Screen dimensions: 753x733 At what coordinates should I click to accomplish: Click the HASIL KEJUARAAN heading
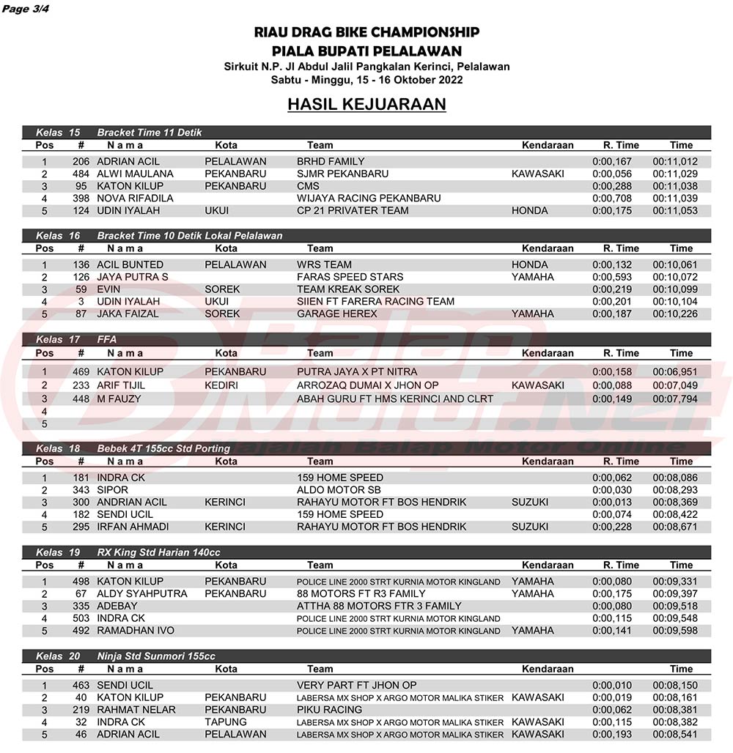pyautogui.click(x=366, y=105)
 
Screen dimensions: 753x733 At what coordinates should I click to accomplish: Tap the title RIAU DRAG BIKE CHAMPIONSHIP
pyautogui.click(x=366, y=32)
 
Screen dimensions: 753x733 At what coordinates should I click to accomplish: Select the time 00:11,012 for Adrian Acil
pyautogui.click(x=675, y=161)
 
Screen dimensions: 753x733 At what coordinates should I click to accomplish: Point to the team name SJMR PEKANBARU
pyautogui.click(x=343, y=174)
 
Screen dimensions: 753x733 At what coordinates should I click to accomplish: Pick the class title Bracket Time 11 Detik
pyautogui.click(x=150, y=133)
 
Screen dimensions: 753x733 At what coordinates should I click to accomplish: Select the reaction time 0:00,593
pyautogui.click(x=612, y=277)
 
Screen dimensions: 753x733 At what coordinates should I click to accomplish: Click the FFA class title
pyautogui.click(x=107, y=339)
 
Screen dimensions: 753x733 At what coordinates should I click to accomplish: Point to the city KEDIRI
pyautogui.click(x=222, y=385)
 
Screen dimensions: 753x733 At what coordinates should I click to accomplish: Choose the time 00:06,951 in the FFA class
pyautogui.click(x=675, y=371)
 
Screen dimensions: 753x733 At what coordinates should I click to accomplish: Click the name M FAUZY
pyautogui.click(x=119, y=399)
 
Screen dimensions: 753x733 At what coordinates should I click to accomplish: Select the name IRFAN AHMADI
pyautogui.click(x=133, y=527)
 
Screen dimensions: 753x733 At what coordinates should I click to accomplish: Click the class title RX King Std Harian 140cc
pyautogui.click(x=158, y=552)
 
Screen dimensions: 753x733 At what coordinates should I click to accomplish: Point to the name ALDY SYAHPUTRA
pyautogui.click(x=142, y=593)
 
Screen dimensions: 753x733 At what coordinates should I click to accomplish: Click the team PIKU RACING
pyautogui.click(x=329, y=709)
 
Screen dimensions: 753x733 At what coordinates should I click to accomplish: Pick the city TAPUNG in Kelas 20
pyautogui.click(x=221, y=722)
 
